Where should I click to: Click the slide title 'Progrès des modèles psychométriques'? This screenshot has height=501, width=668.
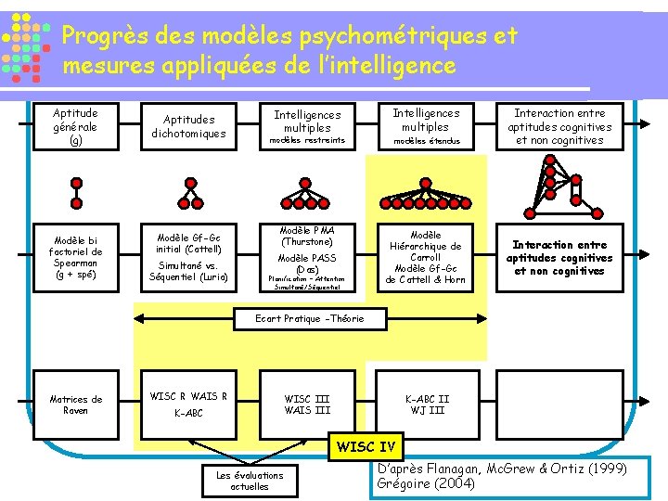click(x=289, y=36)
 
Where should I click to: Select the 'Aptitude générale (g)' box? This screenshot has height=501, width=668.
click(x=76, y=127)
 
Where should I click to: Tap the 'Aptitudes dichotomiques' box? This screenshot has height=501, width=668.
click(x=188, y=127)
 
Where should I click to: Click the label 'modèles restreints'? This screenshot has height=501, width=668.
click(x=306, y=141)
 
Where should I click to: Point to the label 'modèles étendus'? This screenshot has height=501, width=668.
click(x=426, y=141)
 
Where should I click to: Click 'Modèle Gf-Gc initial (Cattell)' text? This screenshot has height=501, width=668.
click(x=188, y=242)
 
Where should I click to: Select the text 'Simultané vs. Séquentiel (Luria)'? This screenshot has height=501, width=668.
click(x=188, y=271)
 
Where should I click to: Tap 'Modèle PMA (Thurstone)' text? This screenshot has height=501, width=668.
click(x=306, y=236)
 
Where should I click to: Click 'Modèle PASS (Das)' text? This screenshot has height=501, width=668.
click(x=306, y=263)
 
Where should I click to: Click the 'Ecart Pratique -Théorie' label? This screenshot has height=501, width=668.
click(x=310, y=319)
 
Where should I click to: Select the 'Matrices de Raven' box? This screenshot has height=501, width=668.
click(x=76, y=405)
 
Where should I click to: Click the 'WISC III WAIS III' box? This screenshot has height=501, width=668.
click(x=306, y=405)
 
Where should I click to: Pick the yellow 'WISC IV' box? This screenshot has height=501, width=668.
click(x=368, y=447)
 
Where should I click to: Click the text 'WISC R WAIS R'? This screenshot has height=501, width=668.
click(x=188, y=396)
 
